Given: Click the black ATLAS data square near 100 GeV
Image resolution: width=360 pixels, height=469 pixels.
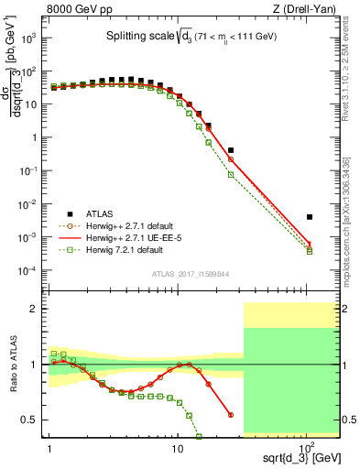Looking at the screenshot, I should point(310,217).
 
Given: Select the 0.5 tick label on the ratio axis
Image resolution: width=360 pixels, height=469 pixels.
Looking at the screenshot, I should point(32,420).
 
